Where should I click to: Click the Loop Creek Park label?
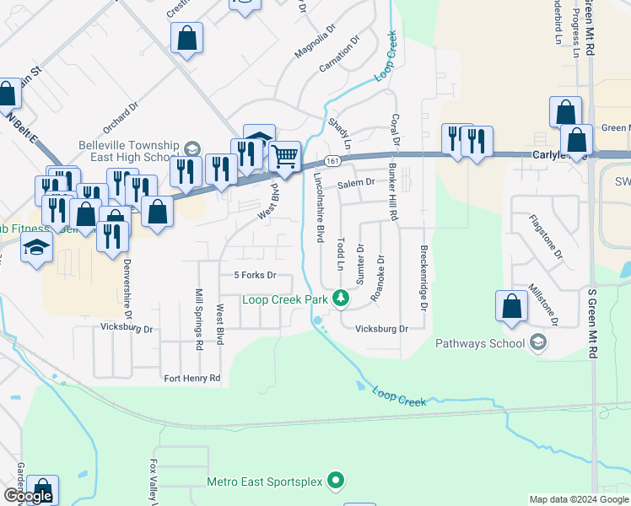(x=284, y=299)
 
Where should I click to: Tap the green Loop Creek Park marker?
(x=341, y=298)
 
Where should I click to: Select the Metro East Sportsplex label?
(x=265, y=482)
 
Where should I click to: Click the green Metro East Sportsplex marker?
(x=336, y=481)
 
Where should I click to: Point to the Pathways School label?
(x=479, y=343)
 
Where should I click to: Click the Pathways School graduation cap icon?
(x=537, y=342)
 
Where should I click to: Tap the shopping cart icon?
(x=285, y=155)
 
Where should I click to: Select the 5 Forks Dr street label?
(x=255, y=276)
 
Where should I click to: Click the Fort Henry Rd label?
(x=191, y=379)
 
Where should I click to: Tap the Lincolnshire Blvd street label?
(x=319, y=207)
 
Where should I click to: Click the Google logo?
(x=28, y=496)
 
